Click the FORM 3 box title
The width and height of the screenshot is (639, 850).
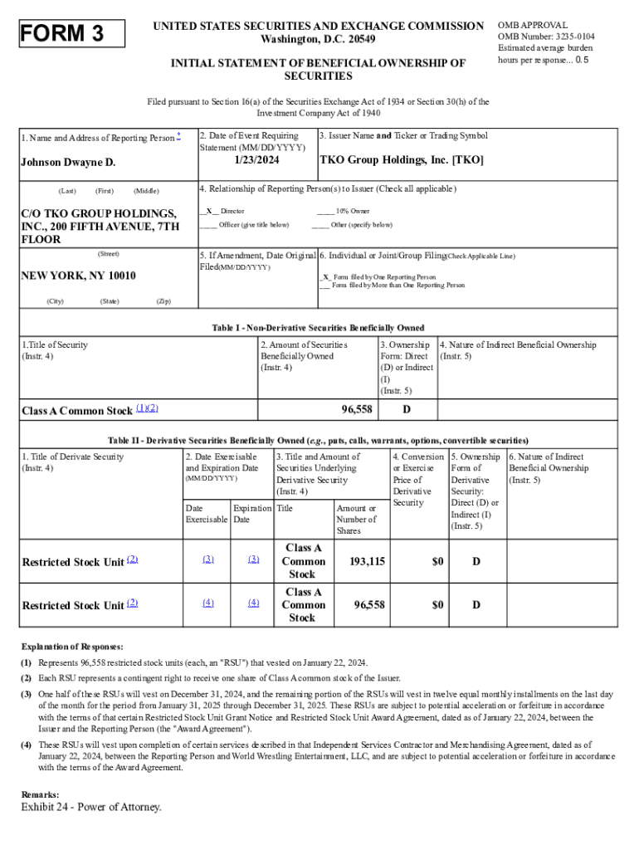pyautogui.click(x=62, y=33)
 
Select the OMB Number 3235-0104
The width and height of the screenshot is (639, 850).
pyautogui.click(x=545, y=37)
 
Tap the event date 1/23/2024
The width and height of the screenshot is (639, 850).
pyautogui.click(x=256, y=159)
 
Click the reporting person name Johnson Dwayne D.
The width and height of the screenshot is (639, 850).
pyautogui.click(x=68, y=162)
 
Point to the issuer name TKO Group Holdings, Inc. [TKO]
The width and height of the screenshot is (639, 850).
pyautogui.click(x=401, y=159)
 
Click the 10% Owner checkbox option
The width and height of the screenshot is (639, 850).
pyautogui.click(x=342, y=212)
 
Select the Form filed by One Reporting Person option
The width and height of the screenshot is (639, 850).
pyautogui.click(x=378, y=276)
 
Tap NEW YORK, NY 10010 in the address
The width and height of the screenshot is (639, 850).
pyautogui.click(x=78, y=276)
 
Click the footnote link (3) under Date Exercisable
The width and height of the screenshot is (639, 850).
pyautogui.click(x=207, y=559)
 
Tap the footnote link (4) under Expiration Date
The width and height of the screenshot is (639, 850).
pyautogui.click(x=253, y=603)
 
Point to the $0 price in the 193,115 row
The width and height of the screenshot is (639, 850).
pyautogui.click(x=437, y=561)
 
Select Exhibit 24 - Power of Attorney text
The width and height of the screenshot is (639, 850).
pyautogui.click(x=91, y=807)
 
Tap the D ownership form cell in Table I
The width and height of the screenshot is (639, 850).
pyautogui.click(x=407, y=410)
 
